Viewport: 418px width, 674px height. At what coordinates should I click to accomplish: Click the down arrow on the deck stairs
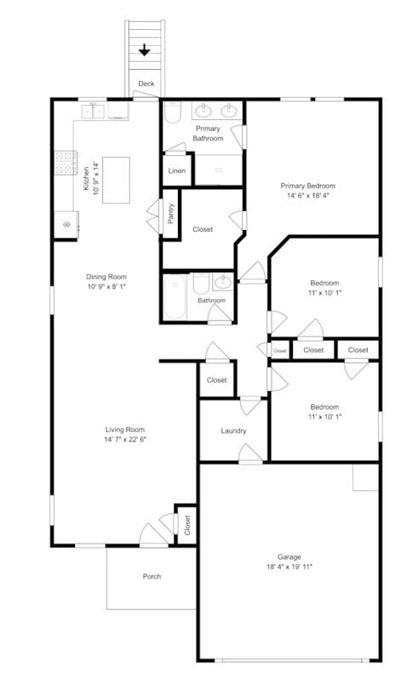[145, 49]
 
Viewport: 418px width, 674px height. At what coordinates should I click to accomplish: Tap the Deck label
[146, 84]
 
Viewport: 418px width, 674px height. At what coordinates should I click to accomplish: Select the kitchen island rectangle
[117, 180]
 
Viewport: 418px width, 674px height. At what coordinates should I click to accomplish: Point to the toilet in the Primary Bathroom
[172, 113]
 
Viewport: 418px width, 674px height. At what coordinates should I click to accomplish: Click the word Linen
[177, 171]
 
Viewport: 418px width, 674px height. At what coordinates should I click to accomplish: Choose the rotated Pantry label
[171, 211]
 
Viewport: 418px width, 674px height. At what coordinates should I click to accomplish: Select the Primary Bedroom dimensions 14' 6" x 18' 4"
[308, 196]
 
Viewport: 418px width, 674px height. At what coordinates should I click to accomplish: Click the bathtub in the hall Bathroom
[175, 296]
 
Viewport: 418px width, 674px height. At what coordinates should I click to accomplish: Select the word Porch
[152, 577]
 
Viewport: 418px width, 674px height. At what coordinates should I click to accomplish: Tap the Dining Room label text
[106, 276]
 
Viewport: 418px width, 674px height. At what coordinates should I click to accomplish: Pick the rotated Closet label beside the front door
[187, 526]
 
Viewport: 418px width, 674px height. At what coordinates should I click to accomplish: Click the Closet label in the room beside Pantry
[203, 229]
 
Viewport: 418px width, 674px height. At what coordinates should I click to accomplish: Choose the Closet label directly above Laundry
[216, 380]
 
